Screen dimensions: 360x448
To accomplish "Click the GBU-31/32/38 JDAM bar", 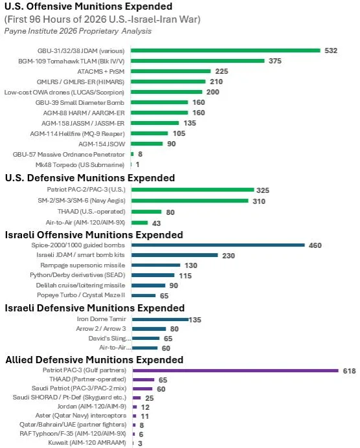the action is [x=225, y=50].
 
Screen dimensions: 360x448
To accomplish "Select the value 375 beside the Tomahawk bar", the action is [x=275, y=61].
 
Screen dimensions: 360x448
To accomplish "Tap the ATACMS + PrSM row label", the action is [x=101, y=71].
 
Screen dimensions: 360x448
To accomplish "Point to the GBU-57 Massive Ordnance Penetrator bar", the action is [x=132, y=154].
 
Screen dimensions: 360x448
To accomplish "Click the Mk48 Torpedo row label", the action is [x=80, y=165].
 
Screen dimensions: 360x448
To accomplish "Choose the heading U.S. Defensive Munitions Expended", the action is [x=90, y=178].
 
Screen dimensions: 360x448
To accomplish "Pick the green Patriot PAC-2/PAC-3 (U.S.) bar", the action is [x=192, y=190].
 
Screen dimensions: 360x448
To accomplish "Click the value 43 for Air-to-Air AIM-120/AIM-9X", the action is [x=156, y=223].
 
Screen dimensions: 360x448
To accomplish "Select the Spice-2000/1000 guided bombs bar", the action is [x=218, y=245].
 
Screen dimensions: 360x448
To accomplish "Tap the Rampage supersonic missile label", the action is [x=83, y=265].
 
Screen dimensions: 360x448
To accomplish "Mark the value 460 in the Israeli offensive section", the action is [x=315, y=245].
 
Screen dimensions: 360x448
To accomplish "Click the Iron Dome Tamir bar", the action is [x=161, y=319].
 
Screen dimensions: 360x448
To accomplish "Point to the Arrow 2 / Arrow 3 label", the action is [x=101, y=329].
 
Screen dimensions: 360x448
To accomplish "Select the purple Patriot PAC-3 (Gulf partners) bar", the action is [x=236, y=370].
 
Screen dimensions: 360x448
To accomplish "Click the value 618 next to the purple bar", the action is [x=349, y=371].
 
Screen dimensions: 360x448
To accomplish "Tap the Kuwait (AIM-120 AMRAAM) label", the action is [x=87, y=443].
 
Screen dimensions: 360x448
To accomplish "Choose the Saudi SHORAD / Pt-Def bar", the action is [x=137, y=398].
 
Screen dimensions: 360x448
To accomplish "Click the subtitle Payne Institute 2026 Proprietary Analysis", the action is [x=78, y=31].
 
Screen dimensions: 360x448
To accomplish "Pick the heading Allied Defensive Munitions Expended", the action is [x=95, y=359].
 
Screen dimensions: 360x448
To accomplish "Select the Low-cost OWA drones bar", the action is [x=166, y=92].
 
